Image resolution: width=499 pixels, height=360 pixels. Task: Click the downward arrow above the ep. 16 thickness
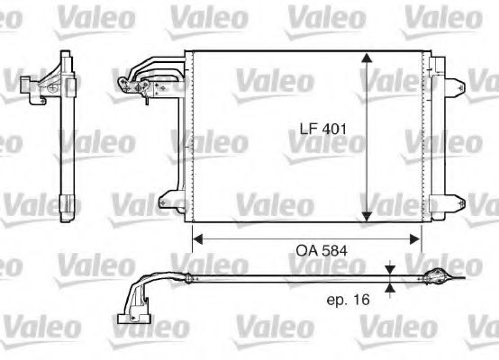[x=388, y=270]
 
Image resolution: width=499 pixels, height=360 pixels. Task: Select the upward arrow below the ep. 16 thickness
[x=388, y=288]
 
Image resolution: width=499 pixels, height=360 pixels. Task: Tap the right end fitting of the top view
[x=437, y=277]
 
